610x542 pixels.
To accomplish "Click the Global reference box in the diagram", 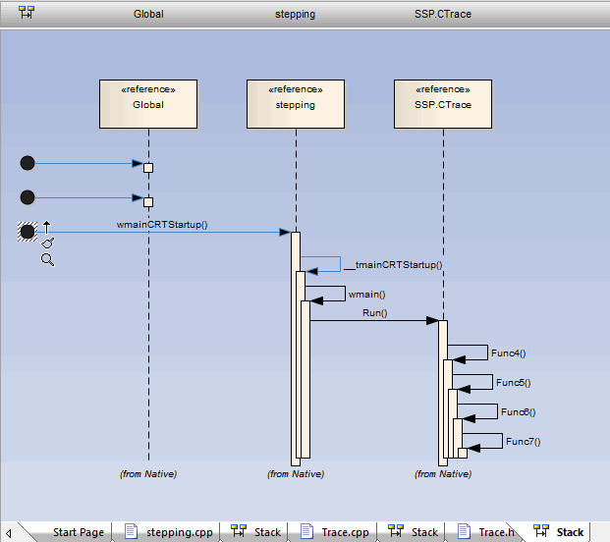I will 148,104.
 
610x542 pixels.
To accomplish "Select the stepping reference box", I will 295,104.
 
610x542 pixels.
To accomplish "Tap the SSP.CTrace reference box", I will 442,104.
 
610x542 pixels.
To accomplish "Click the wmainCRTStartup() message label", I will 162,225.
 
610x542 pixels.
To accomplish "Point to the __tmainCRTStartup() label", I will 393,264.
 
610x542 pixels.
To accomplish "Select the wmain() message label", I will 366,294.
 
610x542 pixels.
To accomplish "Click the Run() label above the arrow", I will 374,313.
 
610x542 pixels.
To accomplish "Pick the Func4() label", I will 508,352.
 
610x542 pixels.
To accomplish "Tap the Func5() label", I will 513,382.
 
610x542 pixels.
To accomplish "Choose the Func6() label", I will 518,411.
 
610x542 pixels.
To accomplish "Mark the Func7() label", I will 523,441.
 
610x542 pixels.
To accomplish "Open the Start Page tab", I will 78,532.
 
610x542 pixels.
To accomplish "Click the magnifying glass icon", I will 47,259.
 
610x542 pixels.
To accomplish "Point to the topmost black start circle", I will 28,163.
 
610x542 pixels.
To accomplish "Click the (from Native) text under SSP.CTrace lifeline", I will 442,474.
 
